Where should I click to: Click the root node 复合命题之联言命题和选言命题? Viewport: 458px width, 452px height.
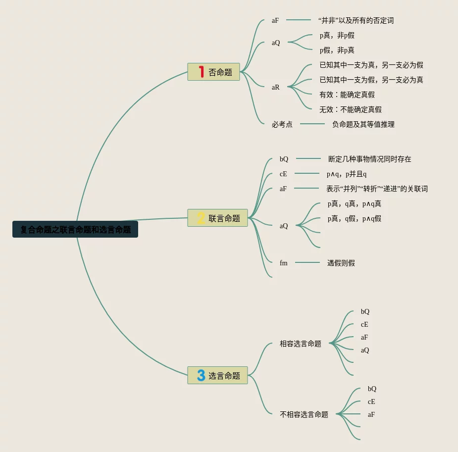coord(75,230)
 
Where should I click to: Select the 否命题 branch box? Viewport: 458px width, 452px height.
coord(214,72)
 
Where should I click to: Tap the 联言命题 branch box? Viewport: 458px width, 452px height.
coord(217,218)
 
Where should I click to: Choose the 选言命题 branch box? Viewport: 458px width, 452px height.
coord(217,375)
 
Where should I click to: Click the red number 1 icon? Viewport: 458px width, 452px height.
coord(201,72)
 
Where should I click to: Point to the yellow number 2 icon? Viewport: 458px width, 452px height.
coord(201,218)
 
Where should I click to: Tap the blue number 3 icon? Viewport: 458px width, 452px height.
coord(201,375)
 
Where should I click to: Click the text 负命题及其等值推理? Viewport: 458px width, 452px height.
coord(363,124)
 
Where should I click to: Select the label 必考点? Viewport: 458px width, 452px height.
coord(282,124)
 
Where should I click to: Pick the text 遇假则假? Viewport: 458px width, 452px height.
coord(341,263)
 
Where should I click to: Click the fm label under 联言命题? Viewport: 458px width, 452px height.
coord(283,263)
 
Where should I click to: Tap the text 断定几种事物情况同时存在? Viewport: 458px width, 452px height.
coord(369,159)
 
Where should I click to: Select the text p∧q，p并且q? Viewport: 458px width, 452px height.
coord(346,174)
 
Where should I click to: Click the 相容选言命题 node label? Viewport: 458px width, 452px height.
coord(300,344)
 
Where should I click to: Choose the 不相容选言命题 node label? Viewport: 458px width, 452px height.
coord(304,414)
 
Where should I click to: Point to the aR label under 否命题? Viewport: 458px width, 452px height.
coord(275,87)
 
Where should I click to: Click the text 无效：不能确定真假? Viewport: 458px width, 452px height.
coord(350,109)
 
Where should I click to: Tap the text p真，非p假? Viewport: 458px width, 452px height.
coord(337,35)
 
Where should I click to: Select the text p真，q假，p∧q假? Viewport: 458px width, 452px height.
coord(354,218)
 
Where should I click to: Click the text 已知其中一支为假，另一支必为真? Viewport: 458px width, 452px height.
coord(371,80)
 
